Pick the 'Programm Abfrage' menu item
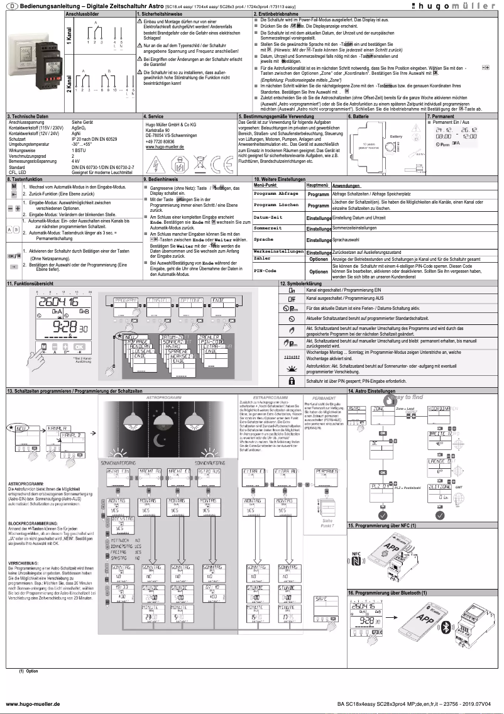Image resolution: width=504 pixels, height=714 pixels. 275,194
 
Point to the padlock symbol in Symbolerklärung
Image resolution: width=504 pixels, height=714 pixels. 291,381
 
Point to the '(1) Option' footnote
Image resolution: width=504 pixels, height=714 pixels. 28,671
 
